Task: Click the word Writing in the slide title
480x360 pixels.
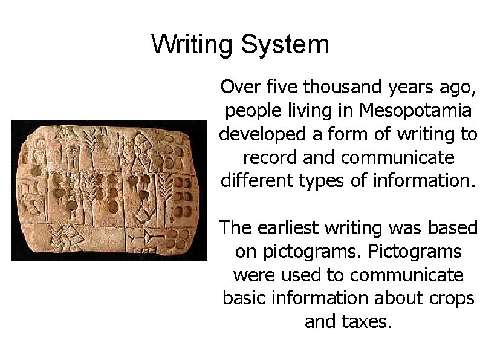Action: click(x=192, y=45)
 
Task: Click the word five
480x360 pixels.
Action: click(x=282, y=88)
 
